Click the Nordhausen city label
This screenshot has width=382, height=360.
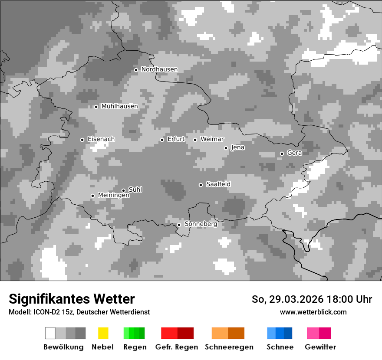pyautogui.click(x=159, y=69)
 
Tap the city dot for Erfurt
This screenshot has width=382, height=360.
pyautogui.click(x=162, y=140)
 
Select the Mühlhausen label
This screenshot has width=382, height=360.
pyautogui.click(x=119, y=106)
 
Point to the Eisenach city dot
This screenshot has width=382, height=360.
pyautogui.click(x=82, y=140)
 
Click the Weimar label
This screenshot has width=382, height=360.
pyautogui.click(x=212, y=139)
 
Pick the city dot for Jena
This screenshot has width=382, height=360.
pyautogui.click(x=226, y=148)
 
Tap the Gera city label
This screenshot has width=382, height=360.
pyautogui.click(x=294, y=153)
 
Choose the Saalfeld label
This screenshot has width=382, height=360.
pyautogui.click(x=218, y=184)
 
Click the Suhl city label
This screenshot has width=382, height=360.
pyautogui.click(x=135, y=190)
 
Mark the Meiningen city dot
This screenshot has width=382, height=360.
pyautogui.click(x=92, y=196)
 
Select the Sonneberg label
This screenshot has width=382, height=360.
pyautogui.click(x=201, y=224)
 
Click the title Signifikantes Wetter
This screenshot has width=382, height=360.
pyautogui.click(x=72, y=299)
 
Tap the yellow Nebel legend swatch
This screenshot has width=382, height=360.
pyautogui.click(x=103, y=333)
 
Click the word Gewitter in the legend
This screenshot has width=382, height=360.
pyautogui.click(x=320, y=347)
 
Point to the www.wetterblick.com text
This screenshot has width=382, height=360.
pyautogui.click(x=313, y=312)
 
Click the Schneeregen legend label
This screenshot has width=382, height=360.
pyautogui.click(x=229, y=347)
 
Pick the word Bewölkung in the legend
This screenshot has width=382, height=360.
pyautogui.click(x=63, y=347)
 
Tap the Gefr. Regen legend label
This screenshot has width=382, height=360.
pyautogui.click(x=176, y=347)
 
